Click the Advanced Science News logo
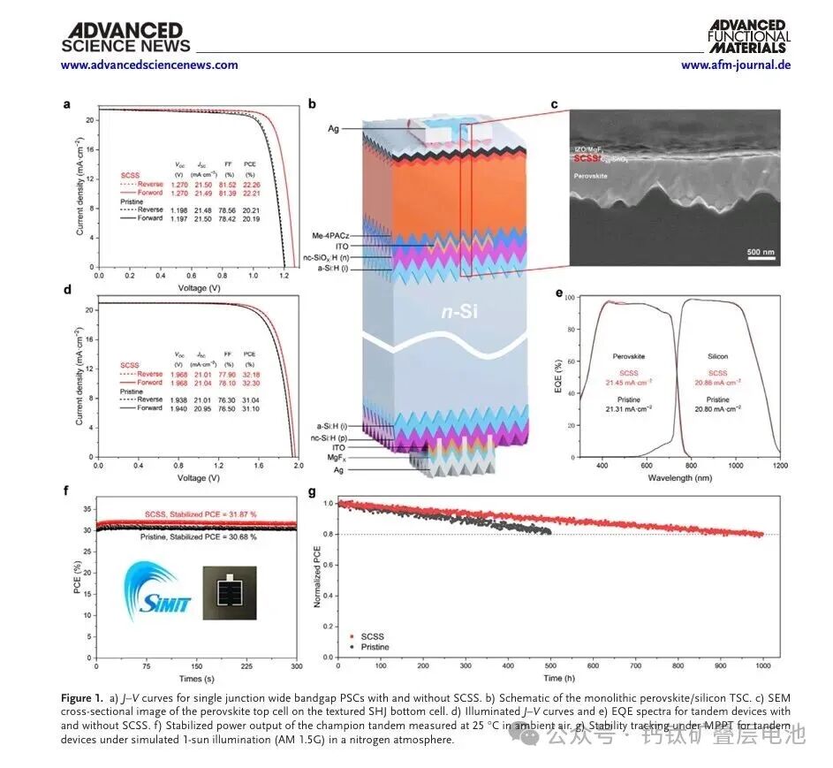pyautogui.click(x=125, y=38)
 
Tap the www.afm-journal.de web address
pyautogui.click(x=735, y=65)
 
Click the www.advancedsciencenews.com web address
pyautogui.click(x=149, y=65)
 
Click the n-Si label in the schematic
pyautogui.click(x=464, y=312)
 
